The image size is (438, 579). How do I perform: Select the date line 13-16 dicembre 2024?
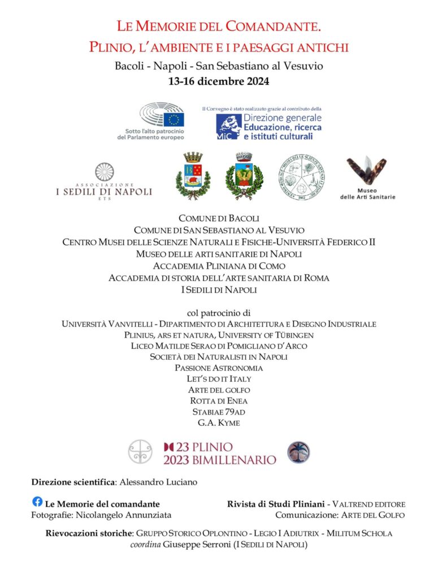click(x=219, y=81)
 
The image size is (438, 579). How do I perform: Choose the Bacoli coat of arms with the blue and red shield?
click(x=193, y=176)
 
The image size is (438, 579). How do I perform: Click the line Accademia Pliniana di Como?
click(x=219, y=266)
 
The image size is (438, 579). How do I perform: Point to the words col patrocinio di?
click(x=219, y=312)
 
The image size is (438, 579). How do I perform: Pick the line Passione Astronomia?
click(x=219, y=368)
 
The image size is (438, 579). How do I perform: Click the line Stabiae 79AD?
click(x=219, y=412)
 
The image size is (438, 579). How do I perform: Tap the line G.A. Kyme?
click(x=219, y=422)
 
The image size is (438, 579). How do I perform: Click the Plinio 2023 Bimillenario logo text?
click(x=220, y=453)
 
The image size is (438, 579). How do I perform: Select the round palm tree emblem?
click(x=298, y=452)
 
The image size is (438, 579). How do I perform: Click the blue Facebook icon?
click(x=37, y=502)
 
